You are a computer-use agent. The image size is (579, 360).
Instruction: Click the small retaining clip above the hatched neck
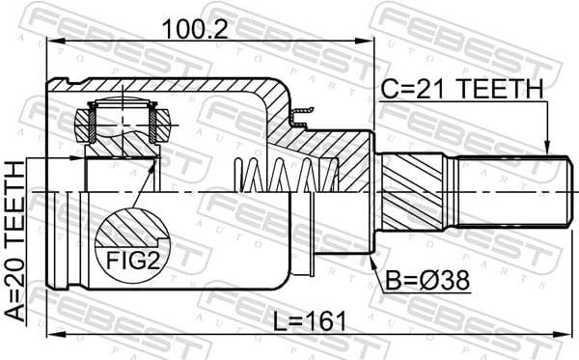300,118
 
